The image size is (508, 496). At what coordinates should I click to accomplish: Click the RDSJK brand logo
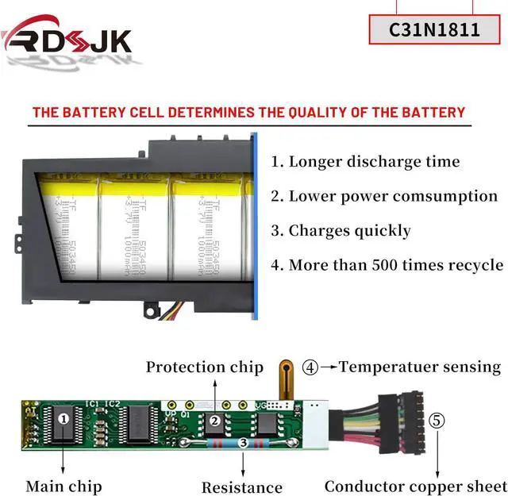(x=67, y=38)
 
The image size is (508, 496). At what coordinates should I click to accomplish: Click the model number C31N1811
(x=434, y=30)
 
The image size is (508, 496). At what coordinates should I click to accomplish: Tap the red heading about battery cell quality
(x=248, y=112)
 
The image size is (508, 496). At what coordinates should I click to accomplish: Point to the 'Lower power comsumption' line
(x=384, y=196)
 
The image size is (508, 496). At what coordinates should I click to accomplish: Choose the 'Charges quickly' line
(x=341, y=231)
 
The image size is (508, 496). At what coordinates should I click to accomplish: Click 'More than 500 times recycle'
(x=387, y=265)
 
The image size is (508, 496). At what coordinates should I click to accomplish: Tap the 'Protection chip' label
(x=204, y=367)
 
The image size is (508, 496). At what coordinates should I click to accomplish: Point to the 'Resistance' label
(x=241, y=487)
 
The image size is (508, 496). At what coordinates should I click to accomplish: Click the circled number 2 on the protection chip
(x=214, y=421)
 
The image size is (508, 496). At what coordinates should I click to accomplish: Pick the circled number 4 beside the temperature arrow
(x=310, y=367)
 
